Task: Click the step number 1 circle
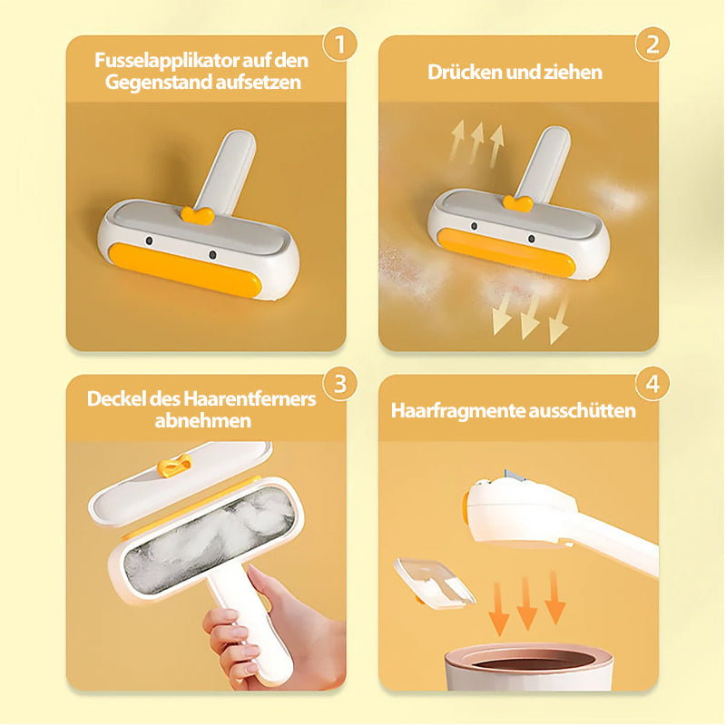(339, 44)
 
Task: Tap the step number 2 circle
(652, 44)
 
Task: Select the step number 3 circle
(339, 383)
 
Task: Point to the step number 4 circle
(652, 383)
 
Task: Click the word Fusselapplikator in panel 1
(167, 61)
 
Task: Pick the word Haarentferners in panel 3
(250, 398)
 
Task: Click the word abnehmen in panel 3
(202, 421)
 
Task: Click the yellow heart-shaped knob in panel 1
(198, 215)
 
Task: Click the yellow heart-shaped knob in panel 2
(517, 203)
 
